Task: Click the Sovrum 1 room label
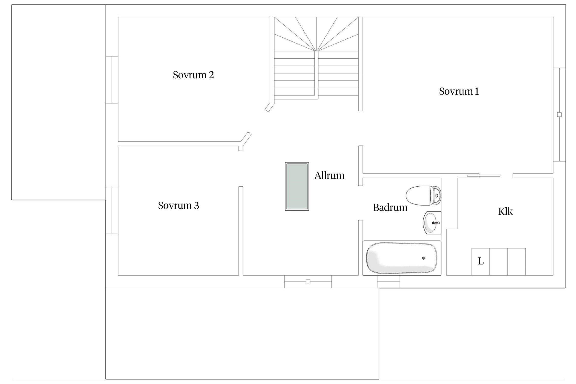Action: (459, 91)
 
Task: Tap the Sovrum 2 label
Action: (193, 75)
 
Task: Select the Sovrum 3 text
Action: (178, 206)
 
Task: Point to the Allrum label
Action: (329, 176)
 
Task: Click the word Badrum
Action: (390, 208)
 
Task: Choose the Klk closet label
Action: (505, 211)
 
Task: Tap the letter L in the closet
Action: (481, 261)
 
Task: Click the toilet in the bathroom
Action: (424, 195)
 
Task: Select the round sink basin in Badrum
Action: (432, 223)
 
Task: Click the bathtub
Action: (402, 258)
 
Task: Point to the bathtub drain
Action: (424, 258)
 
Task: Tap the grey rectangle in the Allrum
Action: (297, 186)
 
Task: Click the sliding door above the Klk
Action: (484, 176)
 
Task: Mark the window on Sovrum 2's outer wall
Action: (112, 80)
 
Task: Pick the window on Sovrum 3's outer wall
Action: (112, 210)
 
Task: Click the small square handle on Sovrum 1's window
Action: (559, 115)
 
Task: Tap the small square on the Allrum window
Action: (308, 282)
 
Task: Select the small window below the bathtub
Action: (388, 282)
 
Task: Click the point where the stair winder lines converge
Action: (316, 51)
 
